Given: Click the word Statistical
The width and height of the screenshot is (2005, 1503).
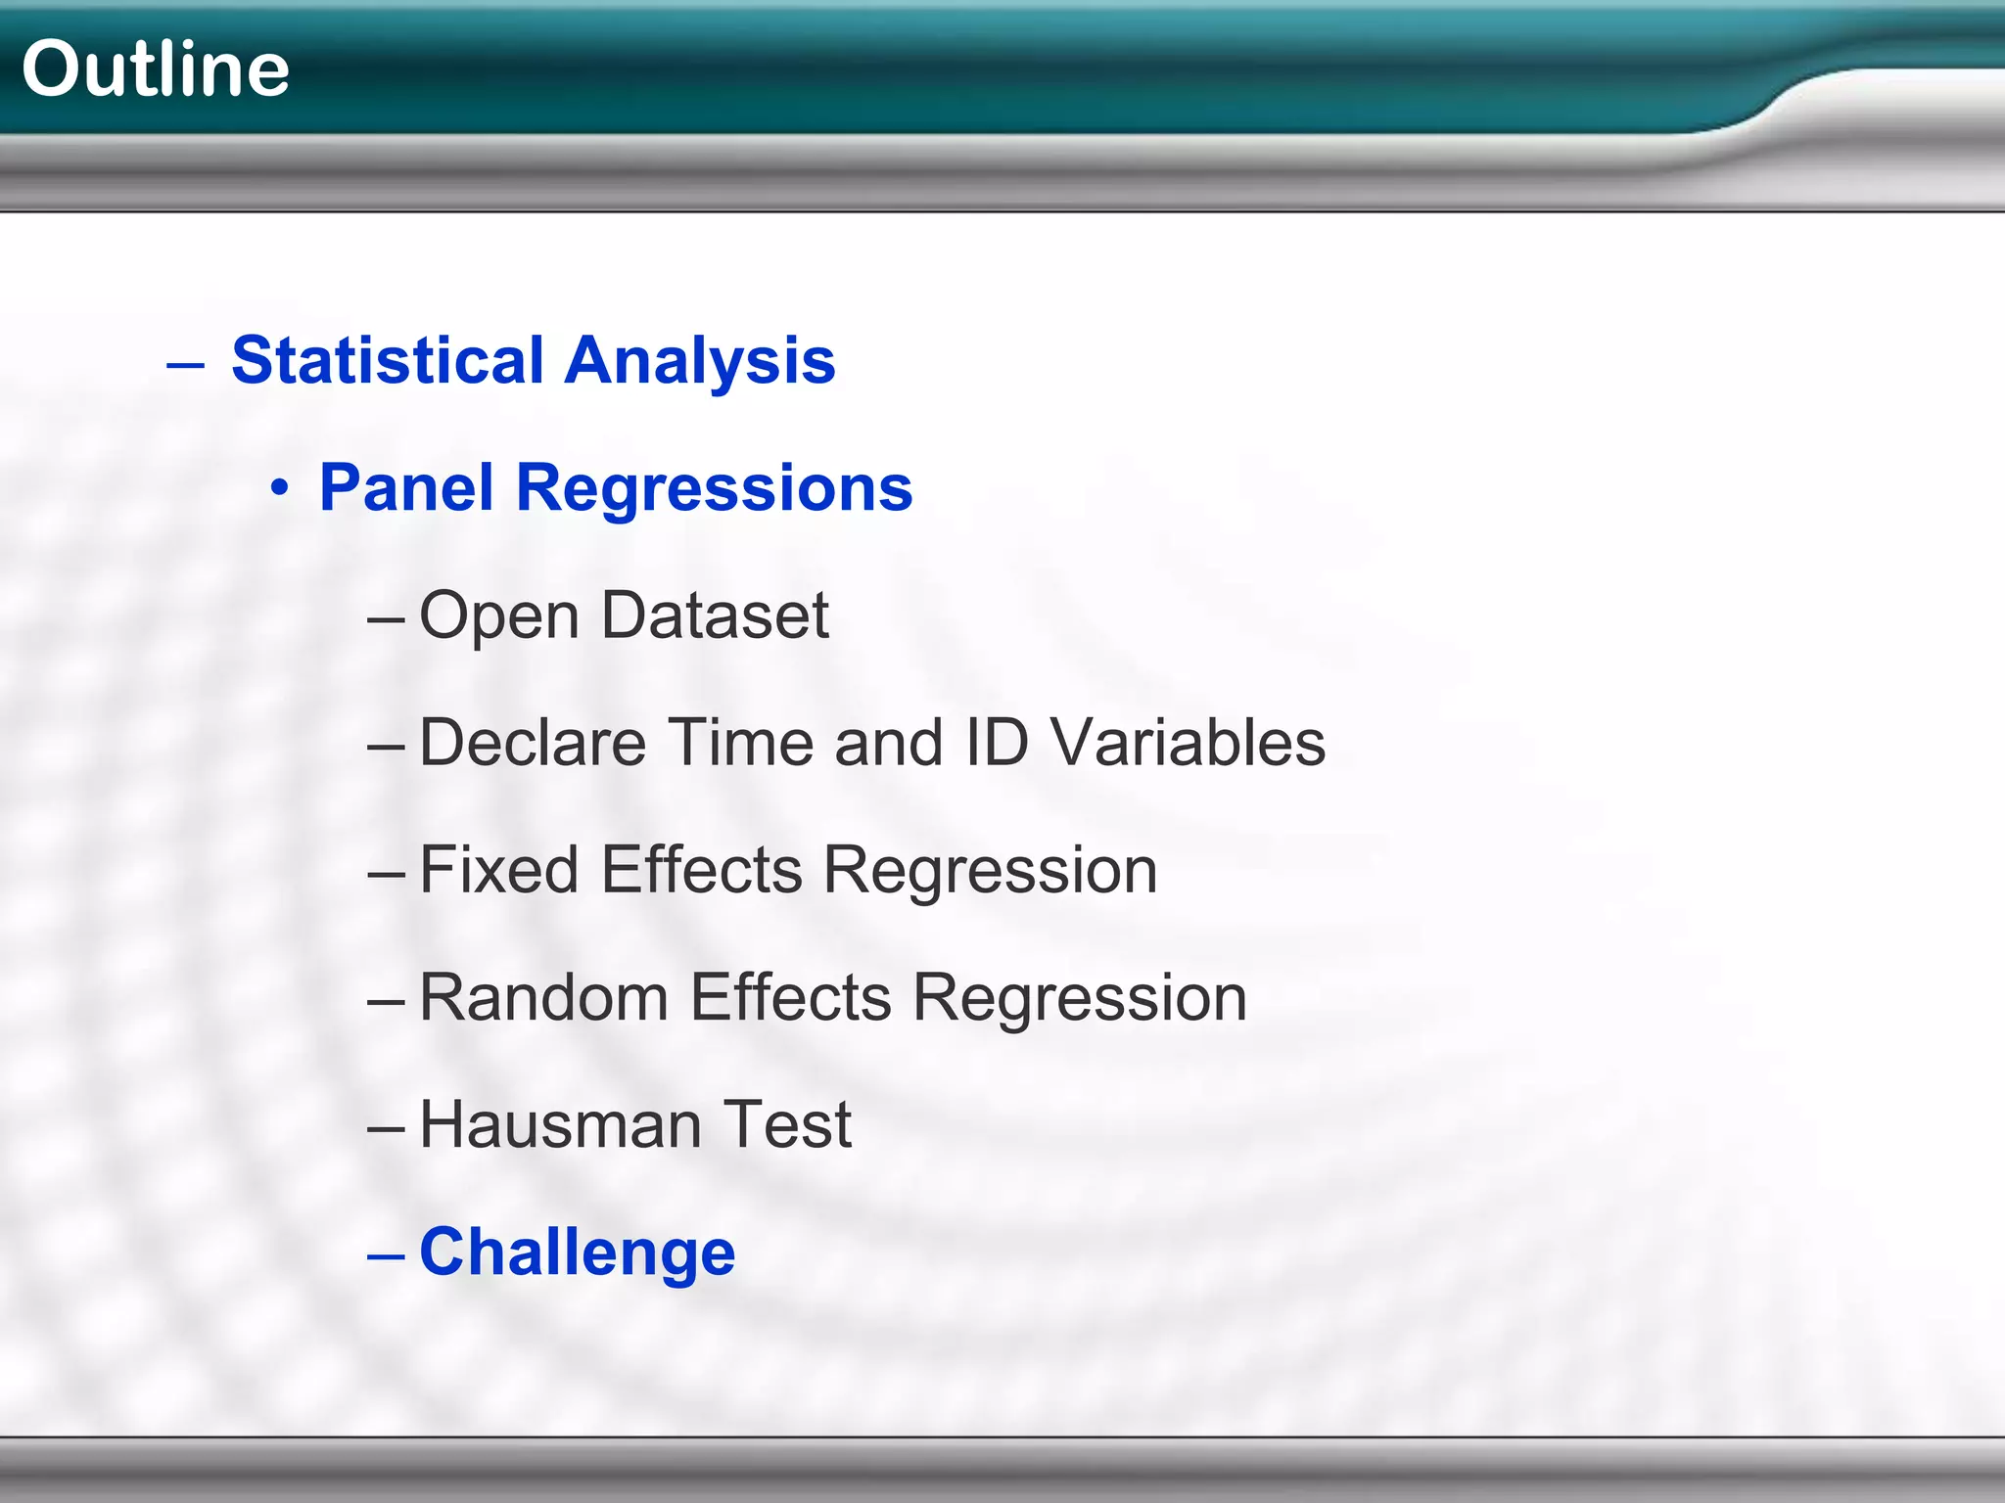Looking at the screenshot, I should [388, 360].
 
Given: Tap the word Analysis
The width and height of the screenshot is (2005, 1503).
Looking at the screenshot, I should [700, 360].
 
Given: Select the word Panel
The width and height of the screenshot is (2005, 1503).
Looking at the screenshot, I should [406, 487].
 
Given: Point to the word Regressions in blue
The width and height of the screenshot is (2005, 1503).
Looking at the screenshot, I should [714, 487].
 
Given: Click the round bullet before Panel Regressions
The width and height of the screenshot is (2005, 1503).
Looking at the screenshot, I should [281, 487].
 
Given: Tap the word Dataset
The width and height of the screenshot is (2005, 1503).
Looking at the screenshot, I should [715, 615].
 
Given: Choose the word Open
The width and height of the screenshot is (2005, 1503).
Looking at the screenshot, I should [499, 615].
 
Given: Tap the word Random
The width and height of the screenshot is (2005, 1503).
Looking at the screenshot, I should [543, 997].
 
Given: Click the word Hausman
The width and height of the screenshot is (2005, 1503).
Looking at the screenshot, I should [561, 1124].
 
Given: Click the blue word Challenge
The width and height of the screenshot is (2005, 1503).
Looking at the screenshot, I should [577, 1252].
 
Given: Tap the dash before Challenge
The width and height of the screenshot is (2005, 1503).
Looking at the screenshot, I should [386, 1254].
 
